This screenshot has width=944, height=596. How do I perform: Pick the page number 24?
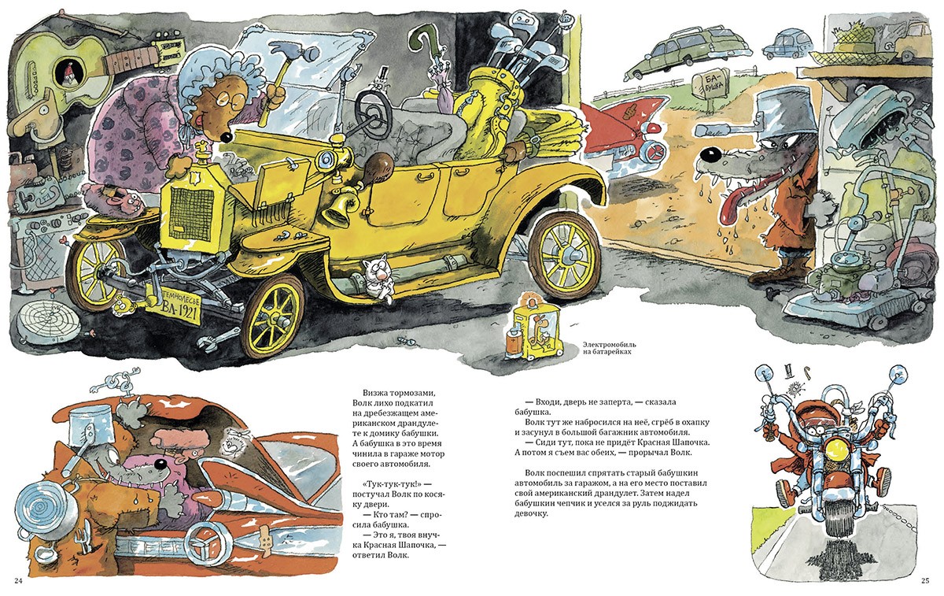[x=18, y=581]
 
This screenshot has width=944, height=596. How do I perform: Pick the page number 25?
[x=925, y=581]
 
